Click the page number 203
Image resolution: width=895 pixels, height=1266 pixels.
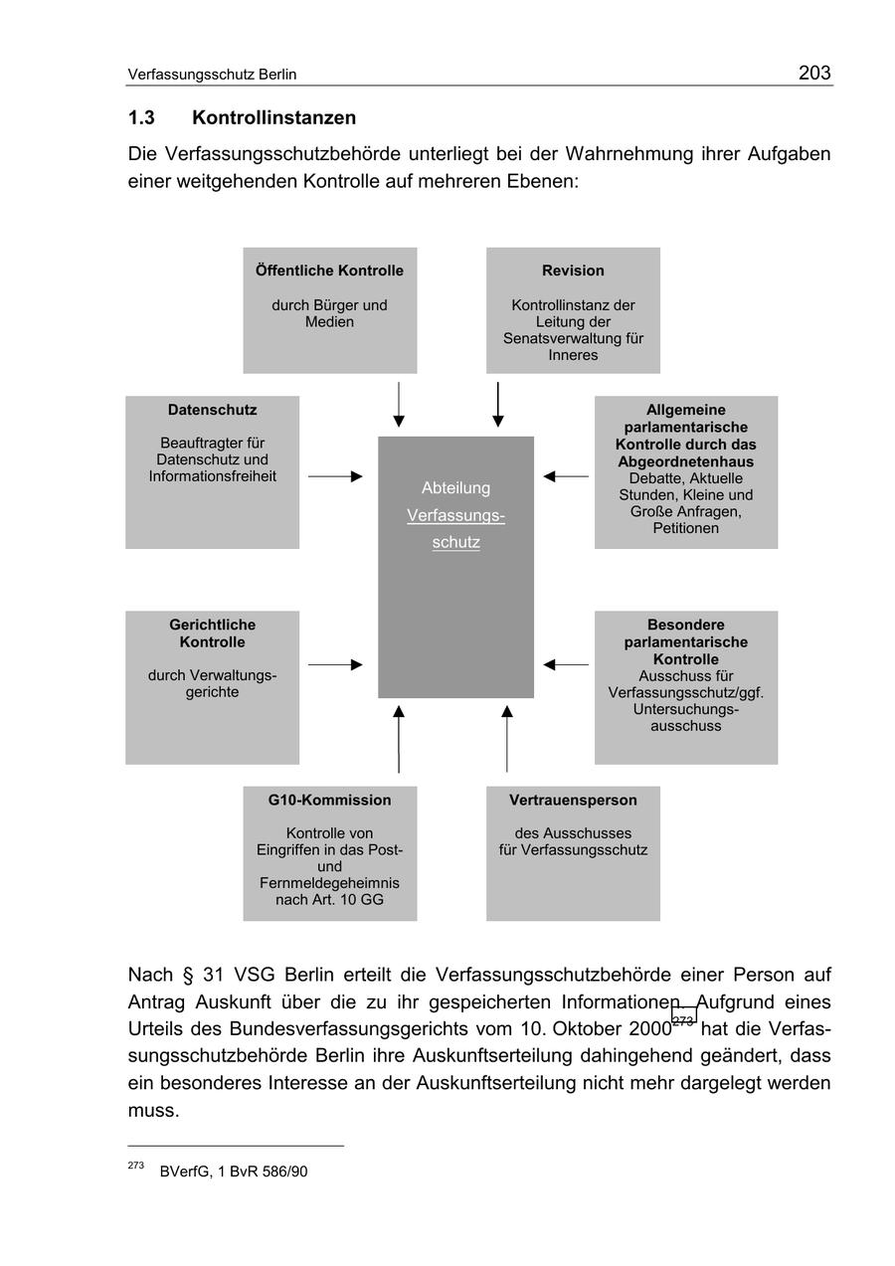tap(813, 73)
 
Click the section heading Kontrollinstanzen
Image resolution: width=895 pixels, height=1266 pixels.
tap(273, 117)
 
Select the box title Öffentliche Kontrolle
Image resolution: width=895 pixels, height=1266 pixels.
tap(329, 271)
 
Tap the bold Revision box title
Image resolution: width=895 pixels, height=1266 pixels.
tap(573, 271)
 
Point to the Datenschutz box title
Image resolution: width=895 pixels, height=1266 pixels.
tap(212, 410)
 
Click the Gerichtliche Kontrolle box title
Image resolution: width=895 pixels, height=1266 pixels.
tap(212, 633)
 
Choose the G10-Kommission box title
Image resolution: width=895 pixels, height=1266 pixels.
tap(329, 800)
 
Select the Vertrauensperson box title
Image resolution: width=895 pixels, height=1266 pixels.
tap(573, 800)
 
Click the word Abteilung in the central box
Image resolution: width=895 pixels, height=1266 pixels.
tap(455, 487)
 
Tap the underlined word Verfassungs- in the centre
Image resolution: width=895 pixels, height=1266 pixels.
tap(455, 515)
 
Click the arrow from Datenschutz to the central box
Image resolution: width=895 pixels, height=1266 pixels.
tap(335, 476)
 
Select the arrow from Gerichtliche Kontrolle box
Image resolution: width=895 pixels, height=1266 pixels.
tap(335, 664)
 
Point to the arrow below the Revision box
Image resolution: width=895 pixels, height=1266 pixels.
tap(497, 404)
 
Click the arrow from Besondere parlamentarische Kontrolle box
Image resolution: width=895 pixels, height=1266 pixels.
tap(566, 664)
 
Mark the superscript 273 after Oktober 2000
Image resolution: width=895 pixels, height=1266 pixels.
tap(683, 1020)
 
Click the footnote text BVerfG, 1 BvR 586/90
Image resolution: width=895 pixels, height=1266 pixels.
tap(233, 1172)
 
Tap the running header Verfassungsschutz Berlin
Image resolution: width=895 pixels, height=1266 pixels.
tap(212, 75)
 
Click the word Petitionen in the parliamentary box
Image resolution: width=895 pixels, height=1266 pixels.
tap(685, 528)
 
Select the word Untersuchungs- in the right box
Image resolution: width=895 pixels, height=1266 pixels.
tap(685, 709)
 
